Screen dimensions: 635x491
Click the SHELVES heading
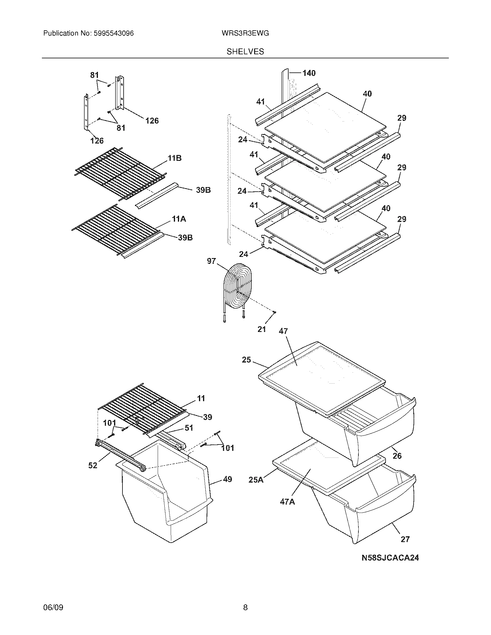245,51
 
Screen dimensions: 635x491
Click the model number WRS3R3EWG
245,33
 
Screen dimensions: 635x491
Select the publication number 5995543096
114,33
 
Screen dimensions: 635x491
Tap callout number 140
309,73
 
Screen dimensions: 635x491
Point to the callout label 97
211,261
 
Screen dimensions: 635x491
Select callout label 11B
174,158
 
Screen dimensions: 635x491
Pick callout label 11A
179,219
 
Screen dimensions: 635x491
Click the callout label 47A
287,502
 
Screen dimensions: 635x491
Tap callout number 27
405,539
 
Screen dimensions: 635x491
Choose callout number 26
397,455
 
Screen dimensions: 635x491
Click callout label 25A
256,480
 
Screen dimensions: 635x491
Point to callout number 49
228,479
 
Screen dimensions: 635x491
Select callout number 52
93,466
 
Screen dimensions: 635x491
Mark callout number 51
189,428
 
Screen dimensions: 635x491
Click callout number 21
262,329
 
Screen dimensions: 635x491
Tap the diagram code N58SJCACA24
390,558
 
